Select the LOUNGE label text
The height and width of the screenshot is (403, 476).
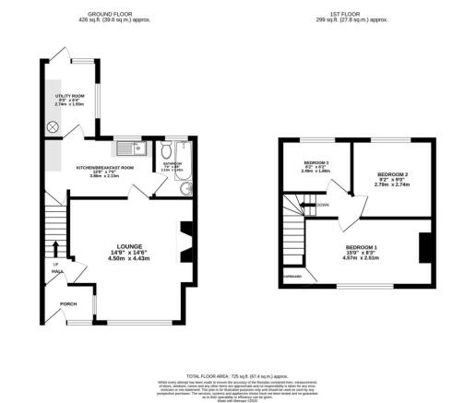point(129,246)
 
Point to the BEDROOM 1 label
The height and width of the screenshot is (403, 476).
point(362,248)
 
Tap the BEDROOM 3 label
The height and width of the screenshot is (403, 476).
point(315,164)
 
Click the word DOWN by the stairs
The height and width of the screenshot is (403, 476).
point(324,205)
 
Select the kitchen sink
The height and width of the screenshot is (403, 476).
point(128,148)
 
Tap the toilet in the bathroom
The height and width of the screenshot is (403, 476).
point(166,150)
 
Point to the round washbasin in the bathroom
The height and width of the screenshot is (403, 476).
point(185,188)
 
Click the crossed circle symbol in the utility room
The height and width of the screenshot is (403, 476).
point(53,126)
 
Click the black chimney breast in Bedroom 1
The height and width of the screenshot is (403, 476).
point(425,248)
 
